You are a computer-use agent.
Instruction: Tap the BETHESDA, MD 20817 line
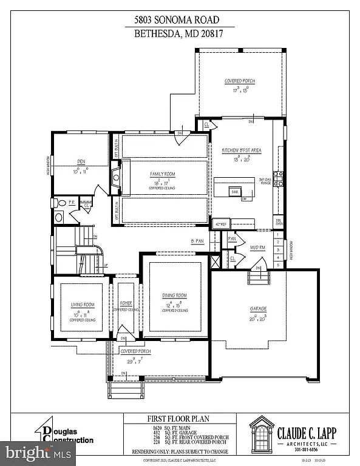tap(180, 34)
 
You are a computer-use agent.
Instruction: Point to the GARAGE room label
tap(258, 309)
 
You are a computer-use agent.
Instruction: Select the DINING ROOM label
tap(174, 295)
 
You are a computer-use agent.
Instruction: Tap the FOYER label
tap(126, 305)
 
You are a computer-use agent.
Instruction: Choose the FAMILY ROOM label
tap(163, 175)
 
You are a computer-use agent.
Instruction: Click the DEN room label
tap(80, 161)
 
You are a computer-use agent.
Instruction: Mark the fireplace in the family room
tap(115, 178)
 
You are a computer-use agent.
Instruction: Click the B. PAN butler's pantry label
tap(197, 241)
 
